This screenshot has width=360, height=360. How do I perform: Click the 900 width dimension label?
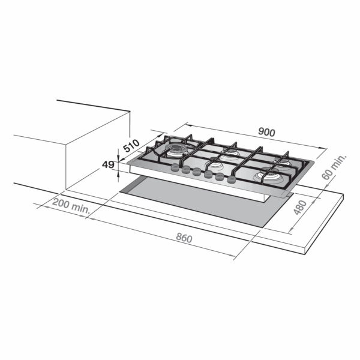(266, 132)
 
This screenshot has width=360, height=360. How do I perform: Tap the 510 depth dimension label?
(131, 146)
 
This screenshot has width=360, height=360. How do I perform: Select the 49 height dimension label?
(108, 164)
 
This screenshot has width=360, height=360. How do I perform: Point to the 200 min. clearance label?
(71, 206)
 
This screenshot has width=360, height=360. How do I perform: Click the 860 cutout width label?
(184, 238)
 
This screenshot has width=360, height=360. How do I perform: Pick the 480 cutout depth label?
(301, 208)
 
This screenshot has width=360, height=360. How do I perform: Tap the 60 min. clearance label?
(334, 167)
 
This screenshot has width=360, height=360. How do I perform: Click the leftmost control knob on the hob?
(175, 167)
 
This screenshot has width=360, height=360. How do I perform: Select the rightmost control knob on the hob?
(232, 179)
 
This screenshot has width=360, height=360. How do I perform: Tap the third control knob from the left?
(197, 172)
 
